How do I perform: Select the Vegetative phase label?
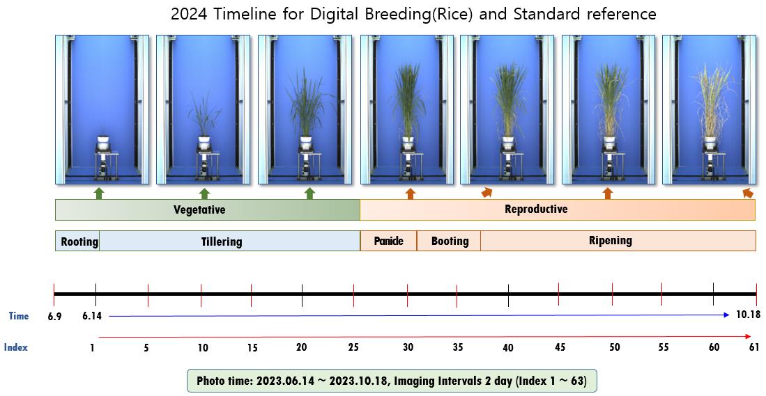coord(199,209)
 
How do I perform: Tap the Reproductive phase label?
coord(536,209)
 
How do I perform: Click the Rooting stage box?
coord(77,241)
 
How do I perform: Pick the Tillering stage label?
coord(222,241)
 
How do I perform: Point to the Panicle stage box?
coord(388,241)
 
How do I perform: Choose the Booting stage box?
coord(448,241)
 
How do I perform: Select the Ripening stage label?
coord(610,240)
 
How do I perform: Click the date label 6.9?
coord(54,316)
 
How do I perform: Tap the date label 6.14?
coord(92,316)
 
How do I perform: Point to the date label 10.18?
coord(748,315)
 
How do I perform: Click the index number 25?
coord(353,347)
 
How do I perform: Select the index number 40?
coord(508,347)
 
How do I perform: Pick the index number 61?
coord(754,347)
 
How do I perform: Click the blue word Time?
coord(19,316)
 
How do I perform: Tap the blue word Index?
coord(15,347)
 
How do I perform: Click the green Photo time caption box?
coord(392,381)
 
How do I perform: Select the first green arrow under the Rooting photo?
coord(99,193)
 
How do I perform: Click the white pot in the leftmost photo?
coord(103,143)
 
